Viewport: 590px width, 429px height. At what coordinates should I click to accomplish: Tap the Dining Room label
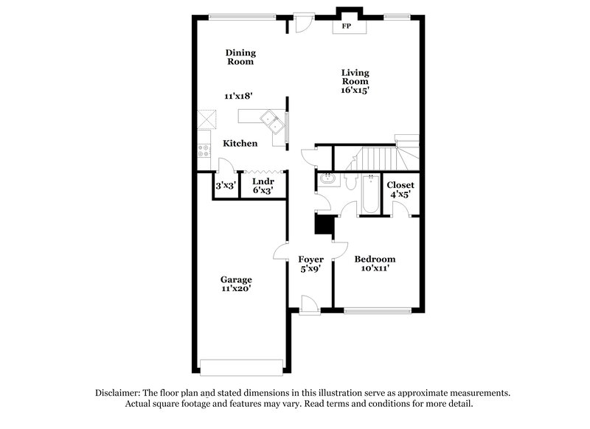(240, 57)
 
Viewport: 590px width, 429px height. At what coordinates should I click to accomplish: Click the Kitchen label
(240, 143)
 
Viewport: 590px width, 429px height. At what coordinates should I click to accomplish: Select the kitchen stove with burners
(204, 151)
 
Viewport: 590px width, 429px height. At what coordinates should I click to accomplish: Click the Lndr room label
(263, 181)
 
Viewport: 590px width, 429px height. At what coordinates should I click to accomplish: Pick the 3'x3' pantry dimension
(224, 186)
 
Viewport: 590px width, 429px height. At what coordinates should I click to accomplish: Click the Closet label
(400, 185)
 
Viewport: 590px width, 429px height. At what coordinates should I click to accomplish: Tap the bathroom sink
(327, 179)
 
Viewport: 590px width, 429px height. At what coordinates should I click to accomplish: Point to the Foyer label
(310, 259)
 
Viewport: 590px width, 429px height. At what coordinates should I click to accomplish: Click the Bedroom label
(375, 259)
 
